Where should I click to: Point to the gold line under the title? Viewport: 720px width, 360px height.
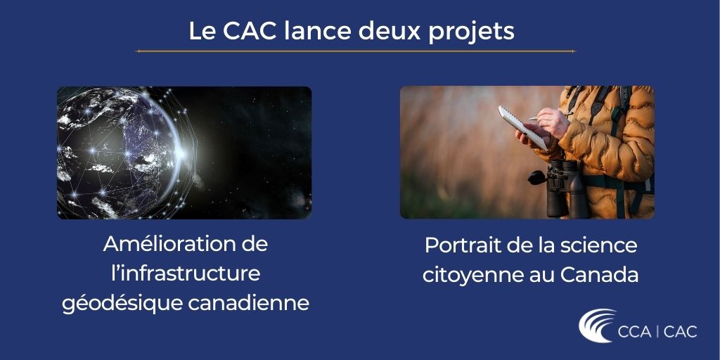click(x=355, y=51)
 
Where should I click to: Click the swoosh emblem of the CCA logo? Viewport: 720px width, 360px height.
click(x=597, y=326)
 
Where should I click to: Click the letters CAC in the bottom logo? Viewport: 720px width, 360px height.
click(x=679, y=331)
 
